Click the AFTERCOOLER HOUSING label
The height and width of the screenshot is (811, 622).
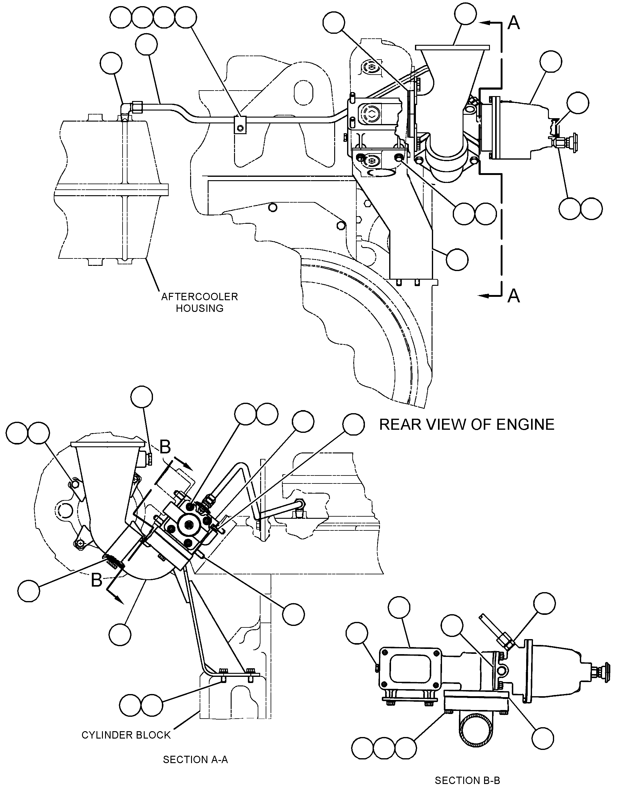tap(200, 302)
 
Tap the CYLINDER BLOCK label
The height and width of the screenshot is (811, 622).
tap(126, 735)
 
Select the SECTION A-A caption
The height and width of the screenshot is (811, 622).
tap(195, 759)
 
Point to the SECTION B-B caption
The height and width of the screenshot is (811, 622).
tap(467, 780)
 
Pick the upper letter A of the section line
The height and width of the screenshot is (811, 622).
tap(514, 23)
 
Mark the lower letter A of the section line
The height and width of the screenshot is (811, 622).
tap(514, 296)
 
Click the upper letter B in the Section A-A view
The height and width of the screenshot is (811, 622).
tap(165, 447)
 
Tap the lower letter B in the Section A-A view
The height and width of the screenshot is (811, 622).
tap(97, 580)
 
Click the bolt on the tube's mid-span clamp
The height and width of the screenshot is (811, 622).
tap(241, 128)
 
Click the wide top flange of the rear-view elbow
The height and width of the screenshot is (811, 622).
tap(452, 48)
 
